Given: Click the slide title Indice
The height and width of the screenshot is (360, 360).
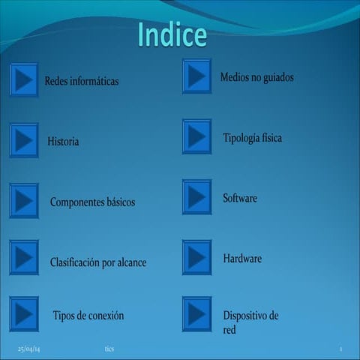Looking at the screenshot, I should click(172, 34).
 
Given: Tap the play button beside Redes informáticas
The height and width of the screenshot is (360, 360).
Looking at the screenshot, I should click(24, 79).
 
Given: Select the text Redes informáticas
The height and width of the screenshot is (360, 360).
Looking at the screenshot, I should click(82, 80).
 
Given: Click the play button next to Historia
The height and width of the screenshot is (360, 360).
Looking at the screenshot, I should click(24, 140).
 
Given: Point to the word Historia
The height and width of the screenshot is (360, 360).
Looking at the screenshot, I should click(63, 141).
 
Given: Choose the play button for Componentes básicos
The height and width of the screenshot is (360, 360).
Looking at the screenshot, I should click(24, 201).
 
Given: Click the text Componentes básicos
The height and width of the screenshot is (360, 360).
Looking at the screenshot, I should click(92, 202).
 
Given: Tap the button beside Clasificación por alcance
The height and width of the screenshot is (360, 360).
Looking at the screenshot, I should click(24, 258).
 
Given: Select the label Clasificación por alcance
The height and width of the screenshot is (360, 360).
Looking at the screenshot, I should click(98, 262).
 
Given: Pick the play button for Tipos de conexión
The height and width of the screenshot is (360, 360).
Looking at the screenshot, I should click(24, 314).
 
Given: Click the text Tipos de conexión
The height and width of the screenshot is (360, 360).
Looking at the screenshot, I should click(88, 315).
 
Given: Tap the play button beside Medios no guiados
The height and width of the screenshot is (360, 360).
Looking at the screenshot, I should click(196, 76).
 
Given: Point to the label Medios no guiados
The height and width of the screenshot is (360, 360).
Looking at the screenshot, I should click(257, 77).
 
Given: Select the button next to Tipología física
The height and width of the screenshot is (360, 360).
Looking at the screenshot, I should click(196, 136).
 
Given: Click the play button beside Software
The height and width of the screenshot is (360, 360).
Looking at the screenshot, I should click(196, 196).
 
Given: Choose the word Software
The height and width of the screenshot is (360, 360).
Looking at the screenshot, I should click(240, 198).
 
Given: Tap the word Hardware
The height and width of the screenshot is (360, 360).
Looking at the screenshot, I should click(242, 258).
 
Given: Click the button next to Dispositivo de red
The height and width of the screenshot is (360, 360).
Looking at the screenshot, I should click(196, 314).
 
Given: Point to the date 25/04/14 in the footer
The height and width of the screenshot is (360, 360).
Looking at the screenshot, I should click(29, 349).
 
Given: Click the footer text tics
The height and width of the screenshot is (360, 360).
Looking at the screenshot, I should click(109, 349).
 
